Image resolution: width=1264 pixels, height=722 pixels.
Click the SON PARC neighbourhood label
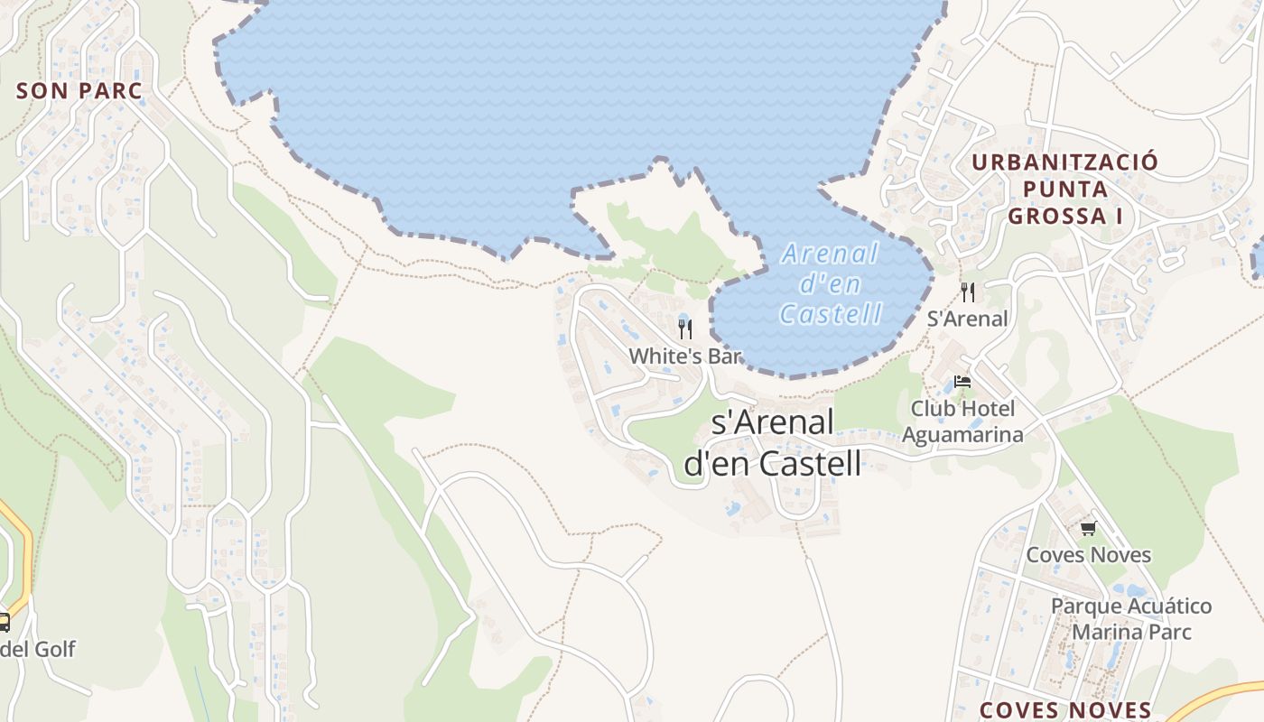(x=79, y=90)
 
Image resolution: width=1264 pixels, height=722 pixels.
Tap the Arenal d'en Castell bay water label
(x=830, y=283)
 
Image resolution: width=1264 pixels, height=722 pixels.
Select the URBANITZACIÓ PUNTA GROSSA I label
(x=1064, y=189)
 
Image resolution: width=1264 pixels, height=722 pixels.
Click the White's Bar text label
(x=684, y=356)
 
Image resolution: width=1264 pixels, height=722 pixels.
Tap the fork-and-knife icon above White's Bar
(x=685, y=329)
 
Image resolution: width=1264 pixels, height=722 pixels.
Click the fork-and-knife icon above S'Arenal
(x=968, y=292)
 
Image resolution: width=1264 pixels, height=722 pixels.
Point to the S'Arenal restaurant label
(x=968, y=319)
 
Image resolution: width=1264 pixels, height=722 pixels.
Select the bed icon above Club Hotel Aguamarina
(x=962, y=382)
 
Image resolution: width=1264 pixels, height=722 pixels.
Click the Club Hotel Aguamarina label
(x=962, y=421)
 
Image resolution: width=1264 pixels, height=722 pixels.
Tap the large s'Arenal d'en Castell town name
(x=773, y=442)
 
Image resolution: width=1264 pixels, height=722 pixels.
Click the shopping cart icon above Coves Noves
(x=1088, y=528)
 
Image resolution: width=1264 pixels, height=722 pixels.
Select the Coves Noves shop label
(x=1088, y=554)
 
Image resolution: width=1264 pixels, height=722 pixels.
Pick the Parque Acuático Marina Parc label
(x=1131, y=618)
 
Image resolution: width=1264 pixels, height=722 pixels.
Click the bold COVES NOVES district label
(x=1065, y=710)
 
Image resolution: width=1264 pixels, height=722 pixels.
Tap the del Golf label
(x=38, y=649)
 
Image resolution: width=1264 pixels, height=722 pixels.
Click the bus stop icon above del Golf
(x=4, y=622)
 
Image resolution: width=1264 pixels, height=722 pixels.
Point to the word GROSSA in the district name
(x=1052, y=216)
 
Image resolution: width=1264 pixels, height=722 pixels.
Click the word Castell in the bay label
(x=830, y=313)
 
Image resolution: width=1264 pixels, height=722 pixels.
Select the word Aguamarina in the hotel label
(x=962, y=434)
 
